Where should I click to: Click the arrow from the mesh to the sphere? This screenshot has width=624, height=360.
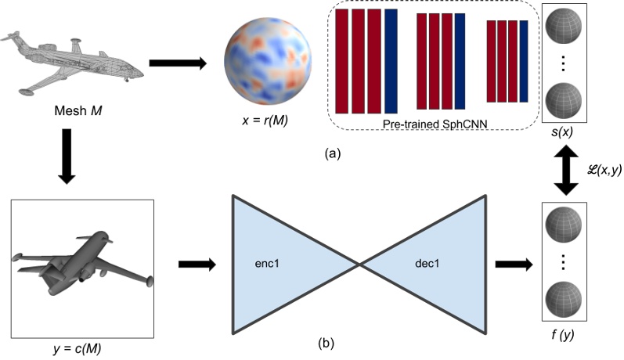(x=179, y=61)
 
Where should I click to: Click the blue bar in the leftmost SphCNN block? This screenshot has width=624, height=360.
(x=391, y=61)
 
